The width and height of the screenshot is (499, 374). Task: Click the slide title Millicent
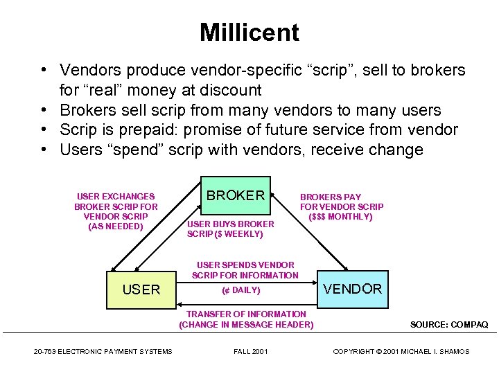pos(249,33)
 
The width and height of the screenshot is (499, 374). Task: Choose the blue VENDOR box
pos(353,289)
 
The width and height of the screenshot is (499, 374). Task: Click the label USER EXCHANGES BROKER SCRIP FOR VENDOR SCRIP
pos(116,211)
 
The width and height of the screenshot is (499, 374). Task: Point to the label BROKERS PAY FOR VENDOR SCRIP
pos(341,202)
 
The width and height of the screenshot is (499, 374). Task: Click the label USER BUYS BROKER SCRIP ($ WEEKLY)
pos(230,229)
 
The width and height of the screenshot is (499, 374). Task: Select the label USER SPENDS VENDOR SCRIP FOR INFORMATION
pos(245,270)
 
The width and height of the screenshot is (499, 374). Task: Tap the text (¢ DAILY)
pos(241,290)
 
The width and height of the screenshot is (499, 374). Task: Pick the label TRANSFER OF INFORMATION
pos(246,314)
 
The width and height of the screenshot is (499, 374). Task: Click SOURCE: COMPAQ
pos(449,324)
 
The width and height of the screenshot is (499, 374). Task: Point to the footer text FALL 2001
pos(250,352)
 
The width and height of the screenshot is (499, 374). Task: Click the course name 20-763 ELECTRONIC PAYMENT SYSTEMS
pos(103,352)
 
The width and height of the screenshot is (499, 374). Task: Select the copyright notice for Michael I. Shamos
pos(401,352)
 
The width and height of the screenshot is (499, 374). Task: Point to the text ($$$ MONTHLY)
pos(341,217)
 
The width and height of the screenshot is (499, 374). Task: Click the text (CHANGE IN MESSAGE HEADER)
pos(246,325)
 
